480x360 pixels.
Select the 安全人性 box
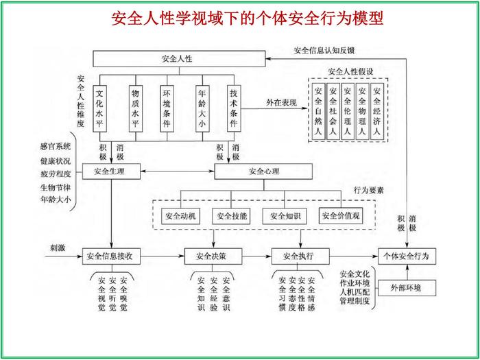click(177, 59)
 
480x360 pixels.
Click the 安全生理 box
click(112, 170)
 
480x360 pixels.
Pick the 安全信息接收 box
click(112, 256)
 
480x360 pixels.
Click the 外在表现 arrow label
click(281, 103)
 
